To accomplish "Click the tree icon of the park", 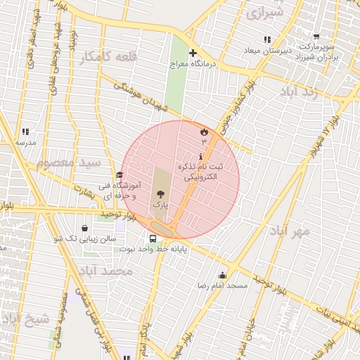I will click(x=160, y=193).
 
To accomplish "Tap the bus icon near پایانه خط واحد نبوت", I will click(x=153, y=239).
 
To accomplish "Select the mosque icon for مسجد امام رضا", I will click(x=223, y=276).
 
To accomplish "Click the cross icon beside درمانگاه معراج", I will click(x=193, y=53).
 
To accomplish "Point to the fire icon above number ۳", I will click(x=204, y=131).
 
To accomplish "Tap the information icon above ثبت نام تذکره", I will click(x=203, y=156).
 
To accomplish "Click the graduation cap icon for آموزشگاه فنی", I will click(x=120, y=175).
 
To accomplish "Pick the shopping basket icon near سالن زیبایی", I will click(x=85, y=229).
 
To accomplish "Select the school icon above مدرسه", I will click(x=26, y=131).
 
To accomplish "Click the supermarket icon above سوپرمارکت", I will click(x=316, y=36).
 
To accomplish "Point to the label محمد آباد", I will click(x=105, y=271).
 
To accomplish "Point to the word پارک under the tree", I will click(x=160, y=205).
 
